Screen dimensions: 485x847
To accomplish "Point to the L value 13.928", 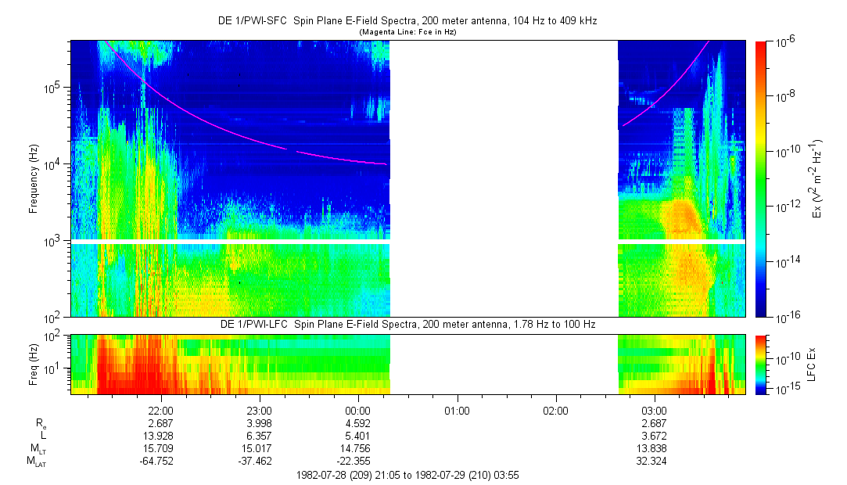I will pyautogui.click(x=160, y=435).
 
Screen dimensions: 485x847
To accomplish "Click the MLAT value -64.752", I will pyautogui.click(x=160, y=461).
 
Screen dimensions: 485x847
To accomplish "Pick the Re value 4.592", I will pyautogui.click(x=357, y=422).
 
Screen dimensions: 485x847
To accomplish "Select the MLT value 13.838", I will pyautogui.click(x=654, y=448).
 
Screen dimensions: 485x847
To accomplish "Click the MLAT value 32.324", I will pyautogui.click(x=654, y=461).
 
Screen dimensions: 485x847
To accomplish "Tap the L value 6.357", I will pyautogui.click(x=259, y=435).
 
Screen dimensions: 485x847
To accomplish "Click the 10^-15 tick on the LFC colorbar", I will pyautogui.click(x=785, y=389).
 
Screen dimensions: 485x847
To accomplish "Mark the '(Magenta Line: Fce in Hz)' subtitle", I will pyautogui.click(x=407, y=32).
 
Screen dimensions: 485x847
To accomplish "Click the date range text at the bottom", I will pyautogui.click(x=407, y=475).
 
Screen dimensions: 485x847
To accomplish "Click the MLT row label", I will pyautogui.click(x=36, y=448).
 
